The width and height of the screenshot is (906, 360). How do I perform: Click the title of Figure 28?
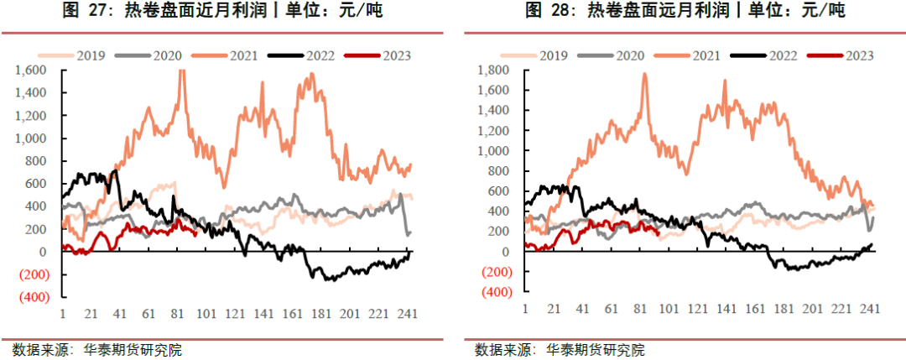click(x=685, y=11)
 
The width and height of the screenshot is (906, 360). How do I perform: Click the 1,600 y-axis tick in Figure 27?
click(x=37, y=70)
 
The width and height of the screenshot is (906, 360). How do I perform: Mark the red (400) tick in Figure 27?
click(x=36, y=297)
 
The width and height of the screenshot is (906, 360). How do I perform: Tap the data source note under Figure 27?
click(x=97, y=349)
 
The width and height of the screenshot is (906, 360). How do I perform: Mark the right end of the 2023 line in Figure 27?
click(x=196, y=234)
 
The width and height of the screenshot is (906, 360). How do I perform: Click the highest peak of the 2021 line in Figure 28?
click(x=644, y=74)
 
